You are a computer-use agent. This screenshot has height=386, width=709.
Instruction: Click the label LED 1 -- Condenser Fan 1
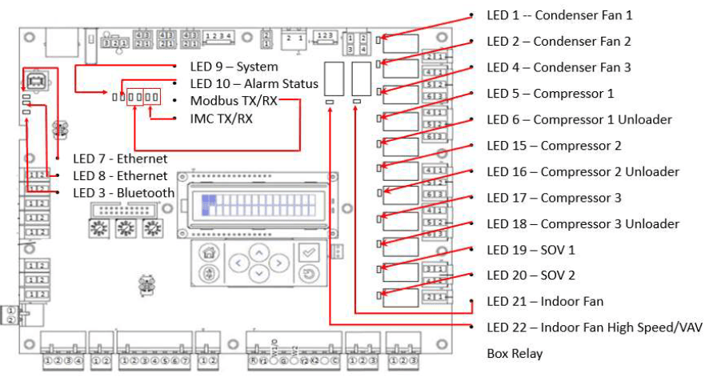pyautogui.click(x=559, y=15)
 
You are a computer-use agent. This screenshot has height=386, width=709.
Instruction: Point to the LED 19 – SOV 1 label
pyautogui.click(x=531, y=250)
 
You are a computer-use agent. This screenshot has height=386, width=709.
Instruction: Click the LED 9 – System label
pyautogui.click(x=234, y=66)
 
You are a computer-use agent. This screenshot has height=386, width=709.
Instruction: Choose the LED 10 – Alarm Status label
pyautogui.click(x=254, y=83)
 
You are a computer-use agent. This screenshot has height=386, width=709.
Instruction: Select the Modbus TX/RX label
pyautogui.click(x=233, y=101)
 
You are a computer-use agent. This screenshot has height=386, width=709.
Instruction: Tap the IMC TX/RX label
pyautogui.click(x=221, y=119)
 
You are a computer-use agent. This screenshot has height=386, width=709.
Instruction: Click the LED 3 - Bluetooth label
pyautogui.click(x=123, y=193)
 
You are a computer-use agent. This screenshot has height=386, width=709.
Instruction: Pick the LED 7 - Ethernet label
pyautogui.click(x=120, y=159)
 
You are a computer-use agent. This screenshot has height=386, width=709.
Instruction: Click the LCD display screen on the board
pyautogui.click(x=257, y=207)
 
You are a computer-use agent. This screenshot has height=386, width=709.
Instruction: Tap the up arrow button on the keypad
pyautogui.click(x=258, y=251)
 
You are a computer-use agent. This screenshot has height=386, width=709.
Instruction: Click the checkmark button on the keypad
pyautogui.click(x=307, y=251)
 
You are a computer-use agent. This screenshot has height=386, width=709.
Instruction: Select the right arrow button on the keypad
pyautogui.click(x=277, y=263)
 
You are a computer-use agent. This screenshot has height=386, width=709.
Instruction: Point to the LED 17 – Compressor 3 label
pyautogui.click(x=554, y=198)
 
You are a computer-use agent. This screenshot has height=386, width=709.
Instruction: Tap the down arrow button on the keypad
pyautogui.click(x=258, y=274)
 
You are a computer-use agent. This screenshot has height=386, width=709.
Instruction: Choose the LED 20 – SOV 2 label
pyautogui.click(x=531, y=275)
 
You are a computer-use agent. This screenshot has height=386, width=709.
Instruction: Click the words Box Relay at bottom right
pyautogui.click(x=515, y=353)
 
